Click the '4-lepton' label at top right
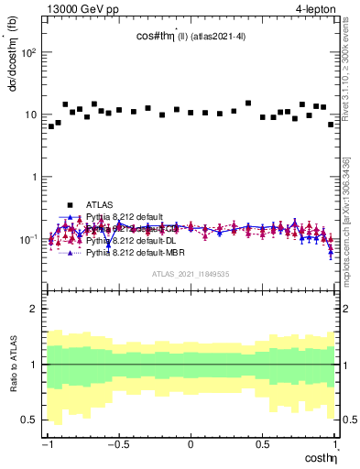(314, 7)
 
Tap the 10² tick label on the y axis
(29, 52)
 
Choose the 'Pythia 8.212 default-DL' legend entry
(127, 240)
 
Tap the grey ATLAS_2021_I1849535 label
(190, 273)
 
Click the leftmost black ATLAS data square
(51, 126)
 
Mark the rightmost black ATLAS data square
(331, 125)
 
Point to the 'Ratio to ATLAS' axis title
(12, 365)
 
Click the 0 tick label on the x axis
(191, 444)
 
